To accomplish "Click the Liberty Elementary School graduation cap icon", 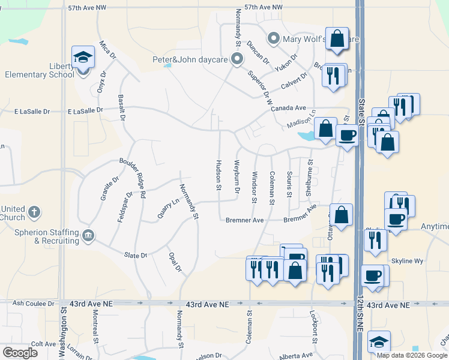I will (x=83, y=58).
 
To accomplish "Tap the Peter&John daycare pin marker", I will (x=237, y=59).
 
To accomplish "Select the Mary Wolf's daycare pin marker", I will (x=274, y=40).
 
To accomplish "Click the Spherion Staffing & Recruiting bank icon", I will (x=88, y=233).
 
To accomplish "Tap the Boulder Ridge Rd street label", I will (x=133, y=178).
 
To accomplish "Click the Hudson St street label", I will (x=219, y=175).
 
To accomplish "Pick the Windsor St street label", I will (x=255, y=185).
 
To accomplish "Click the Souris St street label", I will (x=289, y=185).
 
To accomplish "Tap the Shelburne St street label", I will (x=310, y=178).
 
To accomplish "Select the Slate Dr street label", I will (x=135, y=256).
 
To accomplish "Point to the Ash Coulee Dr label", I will (x=34, y=304).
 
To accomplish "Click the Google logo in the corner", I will (x=20, y=353).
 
